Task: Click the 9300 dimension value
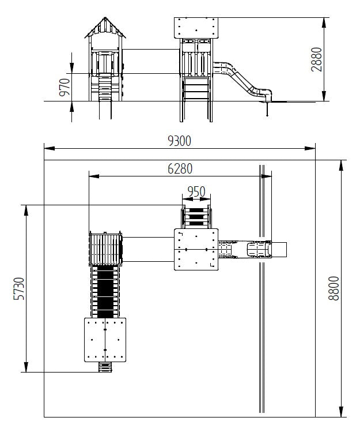180,141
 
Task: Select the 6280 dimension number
180,168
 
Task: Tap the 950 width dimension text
196,191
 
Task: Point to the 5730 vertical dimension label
19,288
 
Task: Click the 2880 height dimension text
316,59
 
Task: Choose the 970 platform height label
65,87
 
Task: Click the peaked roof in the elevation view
105,27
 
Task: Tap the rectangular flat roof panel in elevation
196,28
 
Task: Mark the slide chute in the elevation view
242,79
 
